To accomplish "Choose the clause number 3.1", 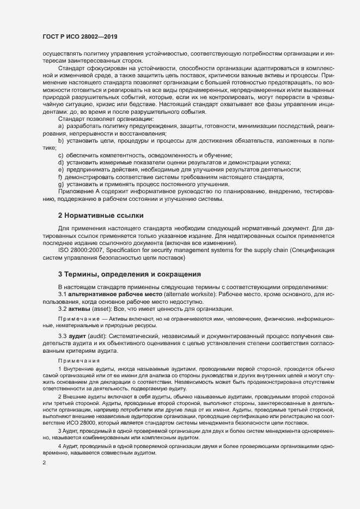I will pyautogui.click(x=63, y=294).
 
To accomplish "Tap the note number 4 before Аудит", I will pyautogui.click(x=60, y=446).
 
